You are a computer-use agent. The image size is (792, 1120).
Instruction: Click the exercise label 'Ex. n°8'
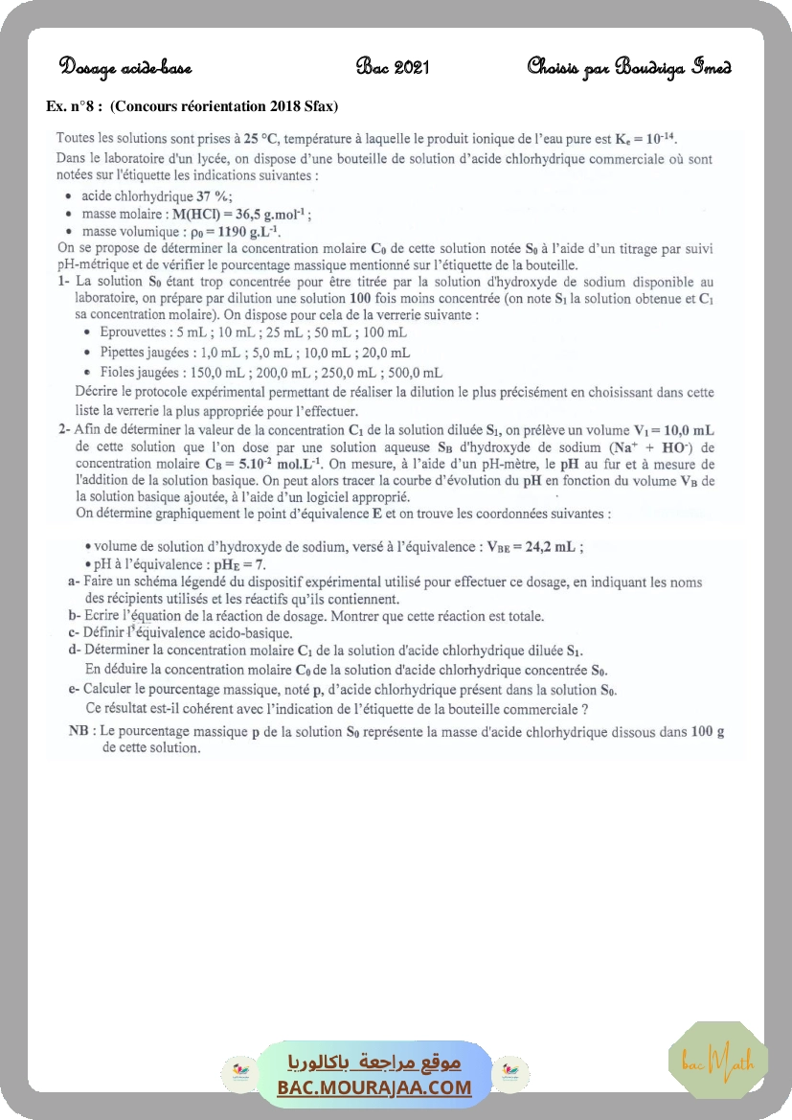tap(74, 104)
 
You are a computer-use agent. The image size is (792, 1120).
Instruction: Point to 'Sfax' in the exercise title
tap(315, 104)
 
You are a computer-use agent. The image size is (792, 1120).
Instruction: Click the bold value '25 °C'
tap(262, 137)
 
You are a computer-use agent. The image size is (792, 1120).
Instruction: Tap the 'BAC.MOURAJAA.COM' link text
tap(374, 1087)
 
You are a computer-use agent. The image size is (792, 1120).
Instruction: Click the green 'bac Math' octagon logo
tap(717, 1060)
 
